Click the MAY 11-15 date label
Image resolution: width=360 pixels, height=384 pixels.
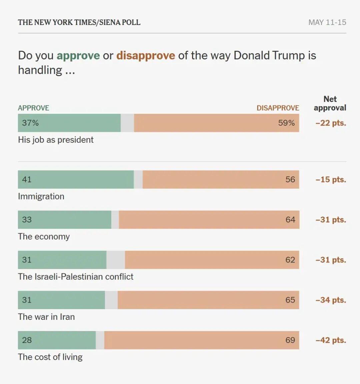327,22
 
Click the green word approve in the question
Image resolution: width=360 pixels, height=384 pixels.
78,56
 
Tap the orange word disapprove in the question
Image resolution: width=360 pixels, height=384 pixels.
146,56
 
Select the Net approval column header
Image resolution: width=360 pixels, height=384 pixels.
330,103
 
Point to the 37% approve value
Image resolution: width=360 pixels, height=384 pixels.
30,123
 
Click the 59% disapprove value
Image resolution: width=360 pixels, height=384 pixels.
286,123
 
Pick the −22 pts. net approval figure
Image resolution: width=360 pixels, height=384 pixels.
331,123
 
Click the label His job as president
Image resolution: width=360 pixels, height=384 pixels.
56,140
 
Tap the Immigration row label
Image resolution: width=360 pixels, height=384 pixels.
41,197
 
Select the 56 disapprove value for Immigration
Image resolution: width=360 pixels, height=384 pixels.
290,179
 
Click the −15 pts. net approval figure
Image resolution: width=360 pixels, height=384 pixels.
331,179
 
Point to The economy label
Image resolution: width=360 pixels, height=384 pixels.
44,237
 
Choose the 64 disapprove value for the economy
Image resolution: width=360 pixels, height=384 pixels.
290,220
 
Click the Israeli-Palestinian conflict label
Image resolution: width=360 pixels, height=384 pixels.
76,277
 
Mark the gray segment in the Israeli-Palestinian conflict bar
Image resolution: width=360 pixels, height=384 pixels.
116,260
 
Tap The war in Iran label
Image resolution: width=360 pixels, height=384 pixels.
46,317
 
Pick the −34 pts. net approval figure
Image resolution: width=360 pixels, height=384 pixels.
331,300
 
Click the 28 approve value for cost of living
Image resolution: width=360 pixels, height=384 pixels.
27,340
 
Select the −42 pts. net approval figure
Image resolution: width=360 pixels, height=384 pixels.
331,340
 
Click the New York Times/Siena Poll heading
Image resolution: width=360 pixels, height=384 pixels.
79,22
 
